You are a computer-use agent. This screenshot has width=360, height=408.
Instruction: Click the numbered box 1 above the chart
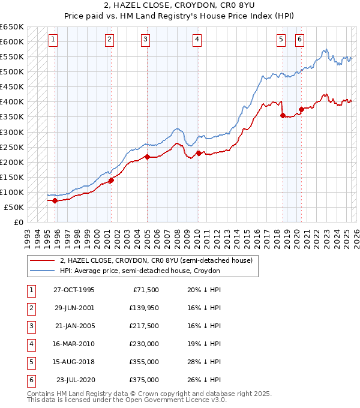click(x=53, y=40)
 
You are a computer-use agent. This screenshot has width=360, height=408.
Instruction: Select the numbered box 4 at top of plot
click(x=197, y=40)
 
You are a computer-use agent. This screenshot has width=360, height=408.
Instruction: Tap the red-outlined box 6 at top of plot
click(x=299, y=40)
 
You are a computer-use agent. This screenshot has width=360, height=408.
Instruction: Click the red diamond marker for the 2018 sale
click(x=283, y=115)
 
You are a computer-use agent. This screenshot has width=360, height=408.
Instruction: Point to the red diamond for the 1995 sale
click(x=55, y=201)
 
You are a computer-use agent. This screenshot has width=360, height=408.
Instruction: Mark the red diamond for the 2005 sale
click(x=147, y=157)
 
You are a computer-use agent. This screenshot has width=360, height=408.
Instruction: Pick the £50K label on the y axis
click(x=14, y=207)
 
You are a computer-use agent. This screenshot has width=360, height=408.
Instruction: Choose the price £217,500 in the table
click(x=144, y=326)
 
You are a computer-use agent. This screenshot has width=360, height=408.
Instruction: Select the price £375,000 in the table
click(x=144, y=380)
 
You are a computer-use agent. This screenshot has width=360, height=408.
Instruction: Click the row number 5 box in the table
click(x=30, y=362)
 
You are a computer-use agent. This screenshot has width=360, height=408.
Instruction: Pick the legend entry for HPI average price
click(x=140, y=271)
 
